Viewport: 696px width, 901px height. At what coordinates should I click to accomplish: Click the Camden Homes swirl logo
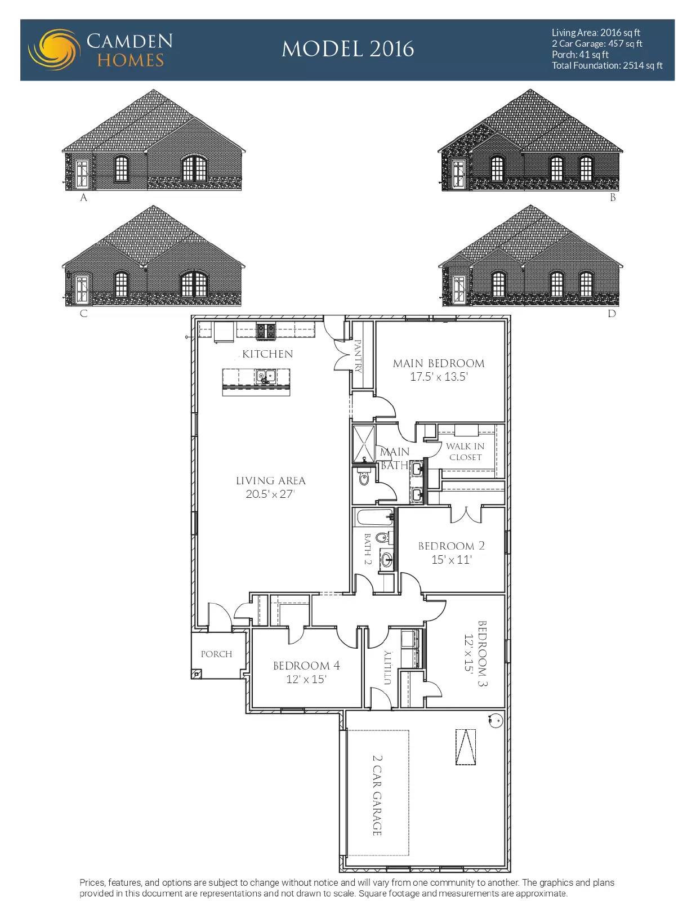(54, 50)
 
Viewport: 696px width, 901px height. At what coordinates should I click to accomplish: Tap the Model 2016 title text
(348, 49)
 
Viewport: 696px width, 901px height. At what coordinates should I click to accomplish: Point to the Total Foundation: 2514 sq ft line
(607, 65)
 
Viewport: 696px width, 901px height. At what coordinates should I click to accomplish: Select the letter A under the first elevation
(84, 198)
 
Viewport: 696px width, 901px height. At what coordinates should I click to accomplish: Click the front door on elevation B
(459, 174)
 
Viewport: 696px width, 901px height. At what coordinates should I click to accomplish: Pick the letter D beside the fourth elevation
(612, 314)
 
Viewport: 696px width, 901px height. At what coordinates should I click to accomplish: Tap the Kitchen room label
(268, 354)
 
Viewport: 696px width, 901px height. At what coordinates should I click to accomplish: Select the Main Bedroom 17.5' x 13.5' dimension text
(439, 377)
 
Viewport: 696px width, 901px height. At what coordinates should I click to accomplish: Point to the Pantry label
(359, 356)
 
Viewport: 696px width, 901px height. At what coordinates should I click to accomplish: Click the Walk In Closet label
(465, 452)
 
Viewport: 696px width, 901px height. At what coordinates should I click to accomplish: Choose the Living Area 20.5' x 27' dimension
(270, 494)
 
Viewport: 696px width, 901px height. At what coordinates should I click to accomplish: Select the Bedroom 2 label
(452, 546)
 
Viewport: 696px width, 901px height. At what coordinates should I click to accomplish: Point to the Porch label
(216, 654)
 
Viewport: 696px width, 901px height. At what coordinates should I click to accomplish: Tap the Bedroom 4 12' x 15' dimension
(306, 679)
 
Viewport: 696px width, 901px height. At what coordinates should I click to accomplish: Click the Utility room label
(387, 667)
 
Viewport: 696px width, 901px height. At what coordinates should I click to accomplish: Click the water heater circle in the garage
(494, 721)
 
